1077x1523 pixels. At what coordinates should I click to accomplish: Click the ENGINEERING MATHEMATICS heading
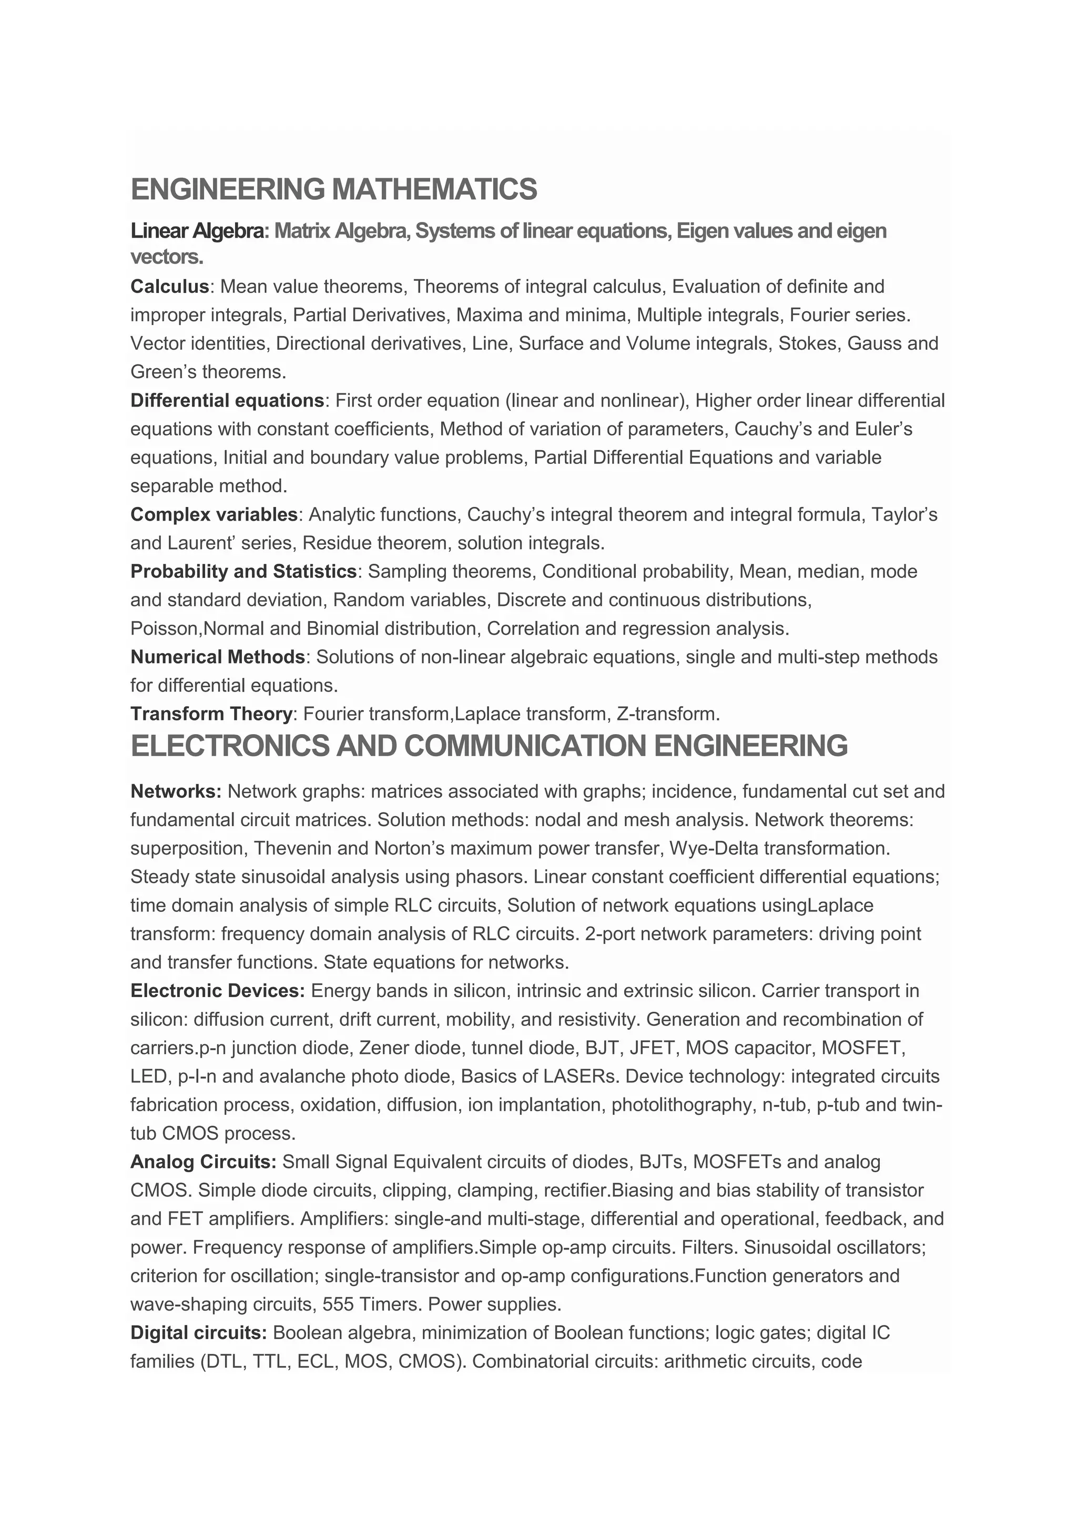coord(333,190)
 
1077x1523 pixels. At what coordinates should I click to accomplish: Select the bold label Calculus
coord(170,287)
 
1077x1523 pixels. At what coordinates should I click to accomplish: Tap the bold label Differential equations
coord(227,401)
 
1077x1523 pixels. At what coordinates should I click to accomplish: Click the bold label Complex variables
coord(214,515)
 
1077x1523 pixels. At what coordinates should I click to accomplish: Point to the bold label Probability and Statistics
coord(243,571)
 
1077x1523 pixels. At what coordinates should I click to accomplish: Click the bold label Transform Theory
coord(211,714)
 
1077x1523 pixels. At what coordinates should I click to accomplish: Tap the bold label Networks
coord(176,791)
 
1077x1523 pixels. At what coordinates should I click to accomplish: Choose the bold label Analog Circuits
coord(203,1162)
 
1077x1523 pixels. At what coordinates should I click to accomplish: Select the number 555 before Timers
coord(338,1304)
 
